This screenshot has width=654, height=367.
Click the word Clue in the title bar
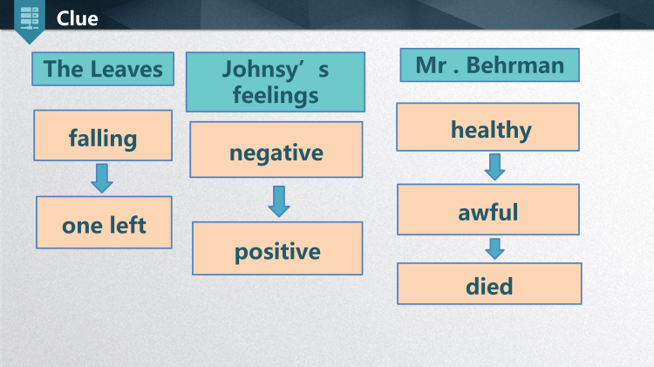click(x=77, y=18)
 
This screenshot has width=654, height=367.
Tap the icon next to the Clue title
click(x=29, y=18)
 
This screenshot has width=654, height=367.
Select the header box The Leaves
click(x=103, y=69)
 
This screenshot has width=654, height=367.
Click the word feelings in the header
click(x=276, y=96)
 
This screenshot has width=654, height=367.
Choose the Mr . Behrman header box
click(x=490, y=65)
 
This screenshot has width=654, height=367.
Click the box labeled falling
click(x=103, y=135)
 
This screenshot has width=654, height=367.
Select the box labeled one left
click(x=104, y=222)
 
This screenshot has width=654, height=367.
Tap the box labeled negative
click(x=276, y=149)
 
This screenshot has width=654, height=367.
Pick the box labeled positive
click(x=277, y=248)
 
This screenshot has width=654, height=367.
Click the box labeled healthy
click(x=487, y=126)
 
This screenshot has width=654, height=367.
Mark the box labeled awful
click(x=488, y=209)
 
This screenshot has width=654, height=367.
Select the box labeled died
click(x=489, y=283)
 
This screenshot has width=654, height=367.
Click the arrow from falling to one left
click(x=102, y=178)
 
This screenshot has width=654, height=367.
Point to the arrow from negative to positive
click(x=279, y=201)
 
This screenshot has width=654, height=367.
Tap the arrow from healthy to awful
click(x=495, y=167)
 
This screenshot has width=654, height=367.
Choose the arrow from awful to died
click(x=495, y=249)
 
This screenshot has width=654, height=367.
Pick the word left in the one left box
click(x=127, y=225)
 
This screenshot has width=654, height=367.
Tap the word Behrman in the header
click(x=515, y=65)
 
